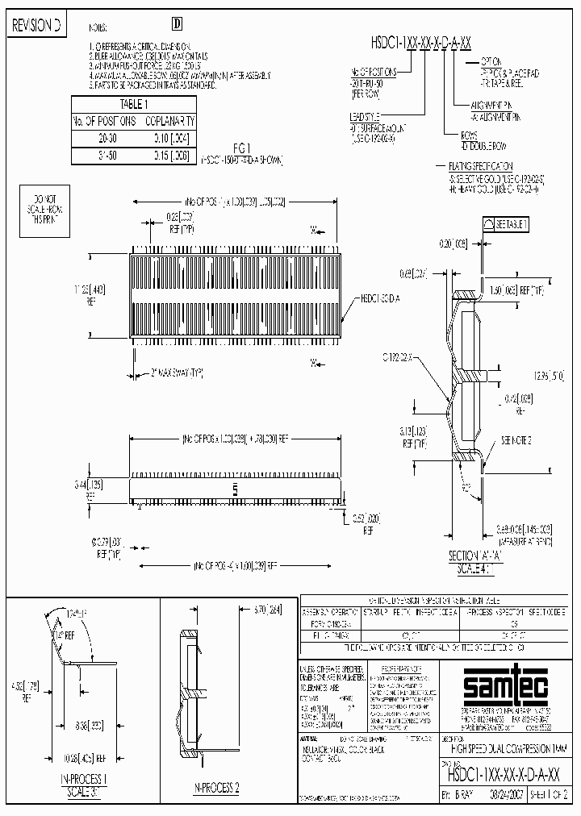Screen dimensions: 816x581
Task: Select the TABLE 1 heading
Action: tap(134, 104)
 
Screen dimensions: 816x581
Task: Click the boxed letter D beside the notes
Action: tap(178, 25)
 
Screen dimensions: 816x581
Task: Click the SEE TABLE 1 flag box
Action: tap(506, 224)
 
